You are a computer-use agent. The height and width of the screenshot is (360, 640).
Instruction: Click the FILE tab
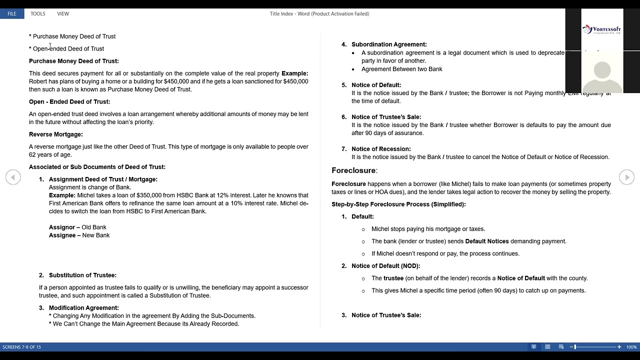(x=12, y=13)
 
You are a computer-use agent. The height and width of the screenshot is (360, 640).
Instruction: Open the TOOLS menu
(x=38, y=13)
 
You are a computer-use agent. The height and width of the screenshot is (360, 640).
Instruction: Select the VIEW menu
(x=63, y=13)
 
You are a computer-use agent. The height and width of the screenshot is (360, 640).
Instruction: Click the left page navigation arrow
(x=13, y=177)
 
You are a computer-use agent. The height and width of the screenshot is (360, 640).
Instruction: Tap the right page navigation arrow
(x=626, y=177)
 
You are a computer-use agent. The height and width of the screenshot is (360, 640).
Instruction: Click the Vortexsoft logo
(x=601, y=30)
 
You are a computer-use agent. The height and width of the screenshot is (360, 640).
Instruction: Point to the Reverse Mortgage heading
(x=56, y=134)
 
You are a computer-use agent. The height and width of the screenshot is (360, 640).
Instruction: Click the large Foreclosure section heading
(x=353, y=170)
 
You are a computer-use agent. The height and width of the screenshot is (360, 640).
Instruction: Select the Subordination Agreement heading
(x=389, y=44)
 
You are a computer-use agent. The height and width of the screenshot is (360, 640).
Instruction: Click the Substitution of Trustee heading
(x=82, y=275)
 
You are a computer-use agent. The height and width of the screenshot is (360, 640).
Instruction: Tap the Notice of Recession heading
(x=381, y=149)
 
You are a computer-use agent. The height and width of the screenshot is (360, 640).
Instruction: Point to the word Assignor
(x=62, y=227)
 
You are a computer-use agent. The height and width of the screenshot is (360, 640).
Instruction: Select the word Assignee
(x=62, y=235)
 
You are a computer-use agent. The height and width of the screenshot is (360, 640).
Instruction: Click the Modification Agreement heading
(x=83, y=308)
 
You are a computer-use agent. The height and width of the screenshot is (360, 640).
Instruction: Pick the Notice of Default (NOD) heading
(x=385, y=266)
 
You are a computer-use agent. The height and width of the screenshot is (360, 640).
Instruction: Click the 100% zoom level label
(x=631, y=347)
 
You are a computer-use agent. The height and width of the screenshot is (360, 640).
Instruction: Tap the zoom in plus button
(x=619, y=347)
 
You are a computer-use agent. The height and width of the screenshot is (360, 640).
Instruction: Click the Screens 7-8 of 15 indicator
(x=21, y=347)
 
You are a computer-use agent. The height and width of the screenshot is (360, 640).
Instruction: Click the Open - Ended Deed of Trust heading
(x=69, y=102)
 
